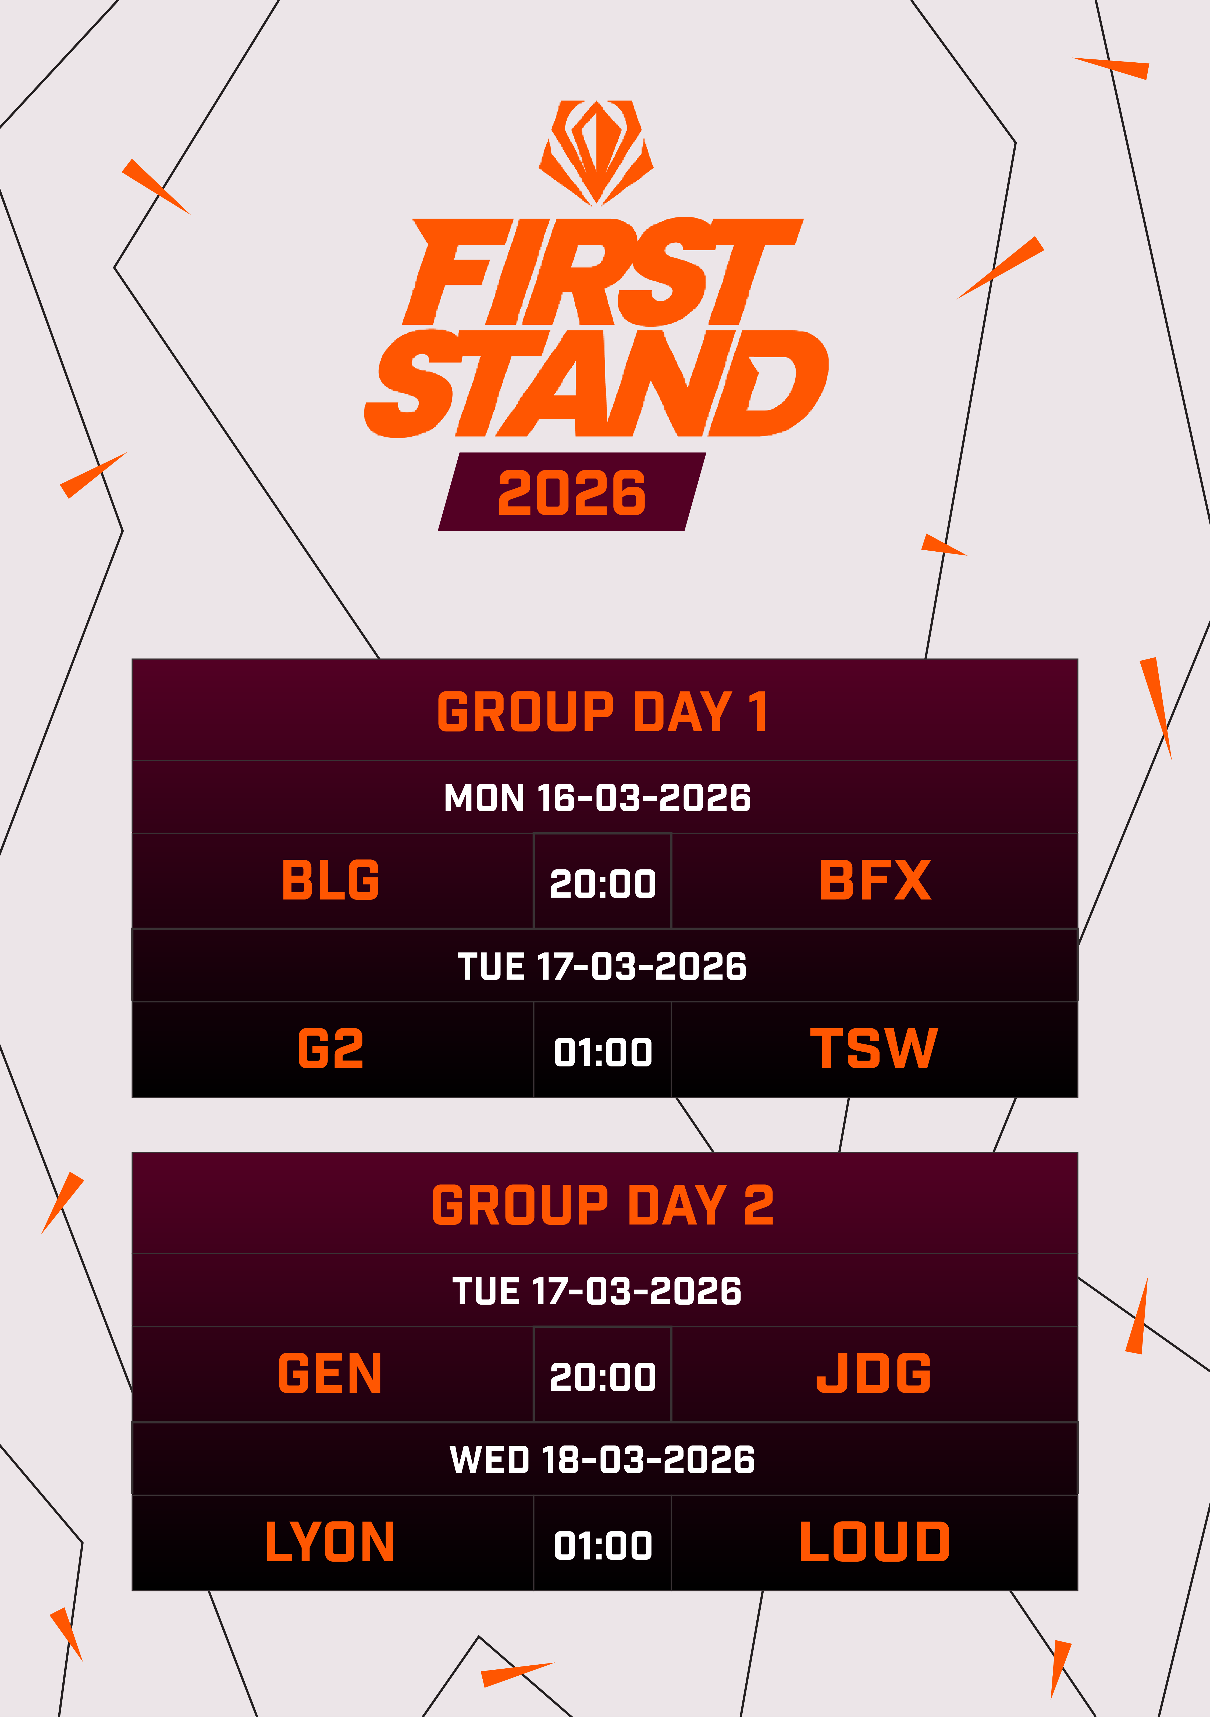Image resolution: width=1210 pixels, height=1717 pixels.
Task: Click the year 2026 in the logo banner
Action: (571, 493)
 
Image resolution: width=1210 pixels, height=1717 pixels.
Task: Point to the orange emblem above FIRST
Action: (596, 152)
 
